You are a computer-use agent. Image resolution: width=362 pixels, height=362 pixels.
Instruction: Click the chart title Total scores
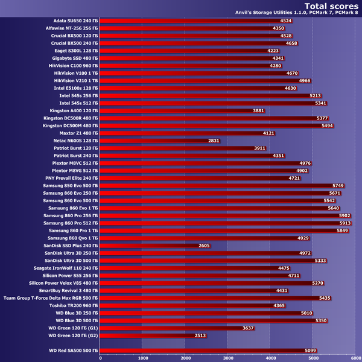click(326, 6)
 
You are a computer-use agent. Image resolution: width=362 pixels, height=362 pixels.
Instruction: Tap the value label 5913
click(345, 223)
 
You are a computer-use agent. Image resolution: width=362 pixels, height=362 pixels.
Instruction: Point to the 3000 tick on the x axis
click(227, 357)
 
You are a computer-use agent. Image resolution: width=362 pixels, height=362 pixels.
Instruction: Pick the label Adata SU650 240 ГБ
click(72, 21)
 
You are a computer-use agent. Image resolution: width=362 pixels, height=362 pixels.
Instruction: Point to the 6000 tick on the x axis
click(354, 357)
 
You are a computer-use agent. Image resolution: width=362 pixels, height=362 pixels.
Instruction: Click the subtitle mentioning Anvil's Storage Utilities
click(296, 14)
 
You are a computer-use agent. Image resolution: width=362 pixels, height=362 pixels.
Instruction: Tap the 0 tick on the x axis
click(100, 357)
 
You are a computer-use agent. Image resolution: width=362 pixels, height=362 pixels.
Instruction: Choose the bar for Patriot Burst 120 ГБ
click(182, 148)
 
